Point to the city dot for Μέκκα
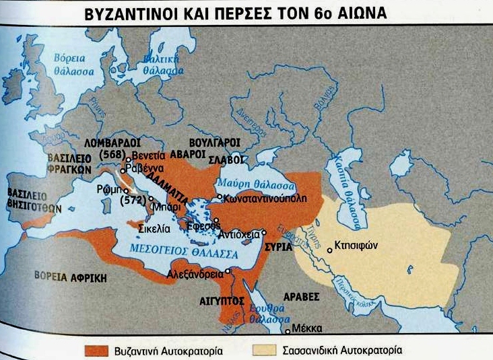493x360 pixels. click(288, 330)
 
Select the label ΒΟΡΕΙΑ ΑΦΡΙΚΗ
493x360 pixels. click(63, 275)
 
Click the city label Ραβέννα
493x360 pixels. click(147, 170)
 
